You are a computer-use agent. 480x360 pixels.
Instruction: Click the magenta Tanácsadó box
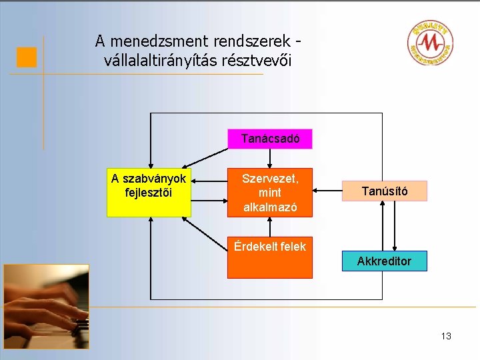tap(270, 139)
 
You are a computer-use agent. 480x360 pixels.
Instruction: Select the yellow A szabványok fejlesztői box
tap(149, 192)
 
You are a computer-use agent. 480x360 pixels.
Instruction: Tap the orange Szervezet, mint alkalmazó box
tap(269, 192)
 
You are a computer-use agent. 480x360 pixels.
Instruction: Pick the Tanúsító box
tap(385, 192)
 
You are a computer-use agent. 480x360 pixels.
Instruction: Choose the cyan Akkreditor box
tap(384, 261)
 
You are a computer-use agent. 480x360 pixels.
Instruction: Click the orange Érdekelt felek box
tap(269, 259)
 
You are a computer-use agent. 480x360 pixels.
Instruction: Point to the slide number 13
tap(445, 336)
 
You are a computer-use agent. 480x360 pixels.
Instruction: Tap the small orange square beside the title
tap(27, 57)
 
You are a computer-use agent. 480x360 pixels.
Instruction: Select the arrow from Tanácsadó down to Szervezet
tap(269, 158)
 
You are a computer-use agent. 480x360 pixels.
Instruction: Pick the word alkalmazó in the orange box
tap(269, 207)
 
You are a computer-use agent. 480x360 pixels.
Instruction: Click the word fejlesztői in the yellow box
tap(149, 193)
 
